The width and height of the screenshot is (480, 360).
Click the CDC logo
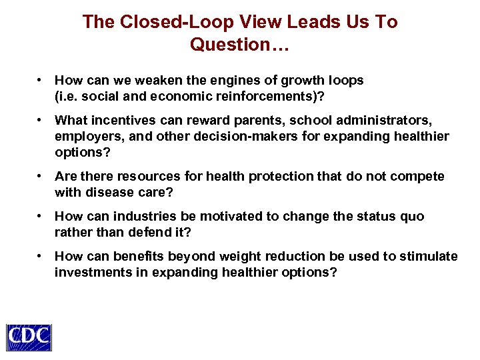(x=29, y=337)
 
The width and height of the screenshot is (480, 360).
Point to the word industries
(x=135, y=217)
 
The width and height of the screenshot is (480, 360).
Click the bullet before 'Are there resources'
(x=41, y=177)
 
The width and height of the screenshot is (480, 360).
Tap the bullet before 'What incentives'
(x=41, y=121)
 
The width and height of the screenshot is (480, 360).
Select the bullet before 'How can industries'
(x=41, y=217)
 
